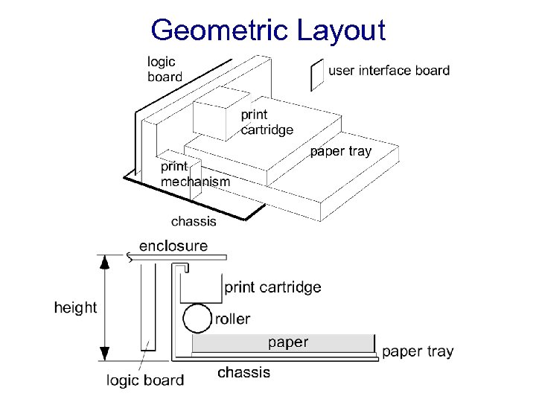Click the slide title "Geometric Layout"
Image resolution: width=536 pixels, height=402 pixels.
(x=268, y=31)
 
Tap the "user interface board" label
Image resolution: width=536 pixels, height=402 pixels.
(x=389, y=71)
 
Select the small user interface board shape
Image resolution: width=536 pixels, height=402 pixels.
(x=316, y=74)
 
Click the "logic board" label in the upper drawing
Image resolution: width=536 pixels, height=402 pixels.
(x=164, y=68)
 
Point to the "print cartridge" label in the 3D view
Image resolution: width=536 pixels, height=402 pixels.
(x=267, y=122)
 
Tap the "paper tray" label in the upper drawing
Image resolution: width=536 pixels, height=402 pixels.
(x=339, y=151)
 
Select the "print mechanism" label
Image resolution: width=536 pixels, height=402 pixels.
(x=195, y=173)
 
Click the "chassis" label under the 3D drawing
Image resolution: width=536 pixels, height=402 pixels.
(x=194, y=220)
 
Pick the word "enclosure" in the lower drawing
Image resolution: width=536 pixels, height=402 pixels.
(x=173, y=246)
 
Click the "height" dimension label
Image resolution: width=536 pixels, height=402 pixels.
(x=75, y=307)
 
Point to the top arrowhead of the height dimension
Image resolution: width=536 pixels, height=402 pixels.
(x=105, y=262)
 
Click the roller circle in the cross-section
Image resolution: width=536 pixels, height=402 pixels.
(x=197, y=319)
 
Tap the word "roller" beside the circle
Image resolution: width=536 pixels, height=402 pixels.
(x=232, y=319)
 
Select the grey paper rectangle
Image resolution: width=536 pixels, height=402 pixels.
(x=283, y=343)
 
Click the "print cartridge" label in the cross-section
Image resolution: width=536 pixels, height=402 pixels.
(x=272, y=287)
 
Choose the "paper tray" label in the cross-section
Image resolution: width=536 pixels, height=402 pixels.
(x=417, y=351)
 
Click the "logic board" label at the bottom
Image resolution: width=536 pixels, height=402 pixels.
(x=145, y=380)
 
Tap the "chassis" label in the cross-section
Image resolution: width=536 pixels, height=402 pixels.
(x=243, y=372)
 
